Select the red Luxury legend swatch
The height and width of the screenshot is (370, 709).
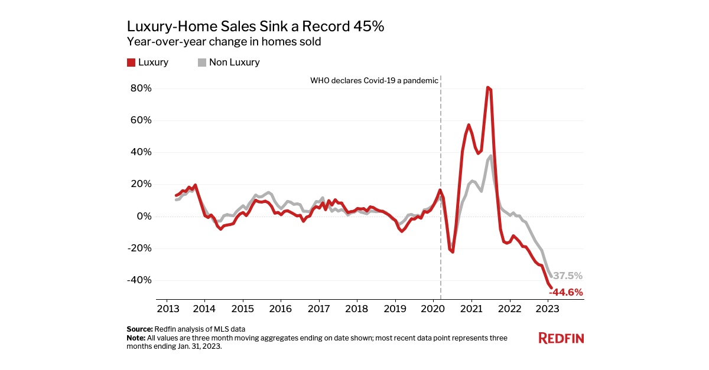[131, 63]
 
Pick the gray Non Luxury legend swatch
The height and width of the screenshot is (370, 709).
[201, 63]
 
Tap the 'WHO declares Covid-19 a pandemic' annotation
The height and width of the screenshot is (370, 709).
[374, 80]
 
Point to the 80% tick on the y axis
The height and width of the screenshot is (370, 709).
[141, 89]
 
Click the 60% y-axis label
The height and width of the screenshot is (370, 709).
[141, 120]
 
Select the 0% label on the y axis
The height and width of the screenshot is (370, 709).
[144, 216]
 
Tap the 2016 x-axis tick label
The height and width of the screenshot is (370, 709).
[281, 308]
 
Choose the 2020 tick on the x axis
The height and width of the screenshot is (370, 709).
[433, 308]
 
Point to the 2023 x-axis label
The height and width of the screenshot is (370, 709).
[547, 308]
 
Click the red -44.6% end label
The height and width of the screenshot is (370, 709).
[565, 292]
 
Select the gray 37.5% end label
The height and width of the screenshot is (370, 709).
[568, 276]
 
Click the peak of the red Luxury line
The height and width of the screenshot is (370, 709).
[488, 88]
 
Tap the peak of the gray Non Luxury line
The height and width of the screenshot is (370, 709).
[491, 156]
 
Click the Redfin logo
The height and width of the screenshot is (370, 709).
[561, 338]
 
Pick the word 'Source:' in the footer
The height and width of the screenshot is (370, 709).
[139, 329]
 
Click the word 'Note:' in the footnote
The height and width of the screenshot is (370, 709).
[137, 338]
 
